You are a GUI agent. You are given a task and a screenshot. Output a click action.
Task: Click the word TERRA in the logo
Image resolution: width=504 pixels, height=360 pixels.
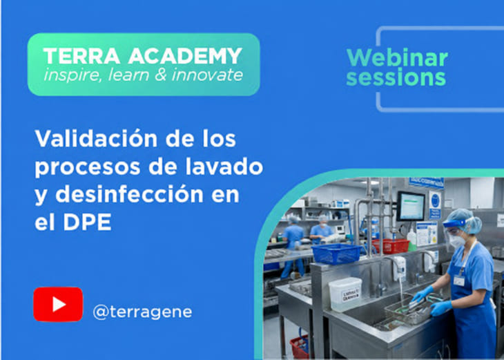(81, 56)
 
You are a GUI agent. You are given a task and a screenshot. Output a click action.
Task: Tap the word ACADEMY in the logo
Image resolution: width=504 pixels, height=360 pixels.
(185, 56)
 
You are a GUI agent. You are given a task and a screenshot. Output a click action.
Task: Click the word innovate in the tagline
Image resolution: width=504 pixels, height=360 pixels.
(207, 75)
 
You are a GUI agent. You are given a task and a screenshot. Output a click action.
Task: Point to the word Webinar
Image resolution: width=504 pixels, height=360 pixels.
(397, 57)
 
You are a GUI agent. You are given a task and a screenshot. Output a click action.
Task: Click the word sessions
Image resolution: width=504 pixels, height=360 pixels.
(396, 77)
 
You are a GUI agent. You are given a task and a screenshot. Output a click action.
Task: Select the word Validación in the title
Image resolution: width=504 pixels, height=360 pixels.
(96, 138)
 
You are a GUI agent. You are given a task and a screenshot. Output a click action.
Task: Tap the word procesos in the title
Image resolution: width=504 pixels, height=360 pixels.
(88, 167)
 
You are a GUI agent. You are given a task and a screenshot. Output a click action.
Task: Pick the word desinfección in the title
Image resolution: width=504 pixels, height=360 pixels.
(129, 194)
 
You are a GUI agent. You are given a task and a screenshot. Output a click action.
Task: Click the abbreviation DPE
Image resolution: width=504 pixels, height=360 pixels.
(87, 222)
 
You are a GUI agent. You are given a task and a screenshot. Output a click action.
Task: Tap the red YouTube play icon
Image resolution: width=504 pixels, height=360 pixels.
(58, 304)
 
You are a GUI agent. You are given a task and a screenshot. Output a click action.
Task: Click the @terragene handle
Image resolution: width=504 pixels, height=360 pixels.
(142, 312)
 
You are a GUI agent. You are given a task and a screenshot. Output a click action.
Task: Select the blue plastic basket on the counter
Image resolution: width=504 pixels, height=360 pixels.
(336, 254)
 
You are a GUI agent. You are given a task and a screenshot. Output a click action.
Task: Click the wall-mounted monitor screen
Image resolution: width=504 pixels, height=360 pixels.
(411, 206)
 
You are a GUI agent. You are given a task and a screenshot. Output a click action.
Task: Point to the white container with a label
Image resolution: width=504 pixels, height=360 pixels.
(345, 294)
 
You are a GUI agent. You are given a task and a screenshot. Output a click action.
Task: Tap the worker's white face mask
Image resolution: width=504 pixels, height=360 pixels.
(457, 241)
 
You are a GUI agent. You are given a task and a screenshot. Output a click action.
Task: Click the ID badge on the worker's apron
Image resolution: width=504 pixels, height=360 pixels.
(459, 281)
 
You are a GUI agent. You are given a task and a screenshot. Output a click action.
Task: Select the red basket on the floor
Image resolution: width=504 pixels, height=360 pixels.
(299, 347)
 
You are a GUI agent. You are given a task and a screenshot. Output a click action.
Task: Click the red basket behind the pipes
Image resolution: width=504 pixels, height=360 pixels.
(391, 246)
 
